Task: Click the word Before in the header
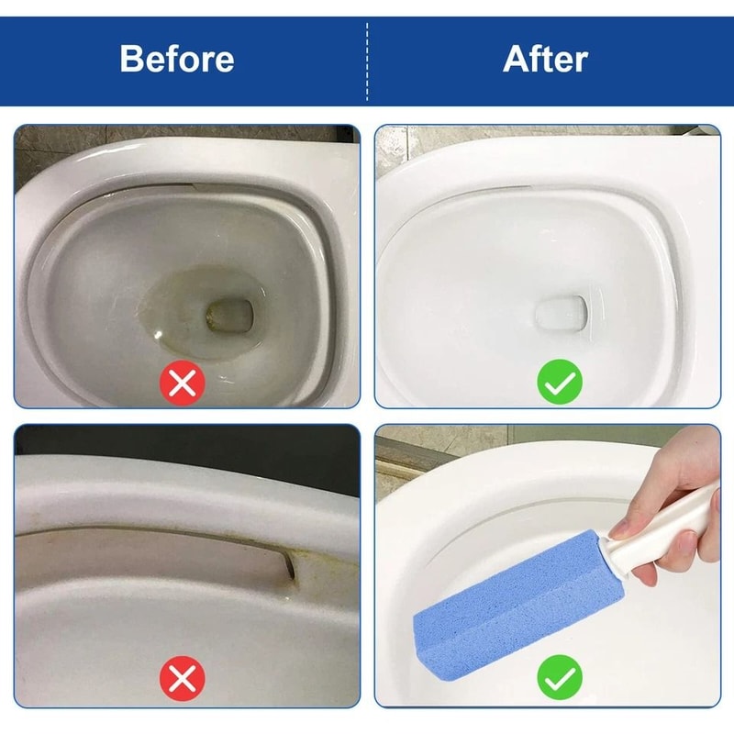coord(177,59)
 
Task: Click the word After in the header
coord(545,59)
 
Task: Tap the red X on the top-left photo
coord(183,383)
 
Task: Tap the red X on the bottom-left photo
coord(183,680)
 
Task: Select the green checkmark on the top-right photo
coord(559,383)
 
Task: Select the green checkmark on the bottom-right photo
coord(559,680)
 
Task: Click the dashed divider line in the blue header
coord(367,59)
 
